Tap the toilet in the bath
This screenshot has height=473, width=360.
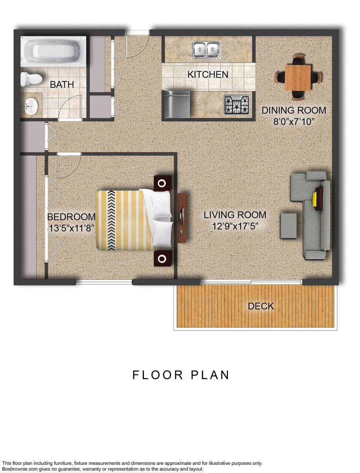tap(31, 80)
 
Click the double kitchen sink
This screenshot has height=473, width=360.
tap(206, 50)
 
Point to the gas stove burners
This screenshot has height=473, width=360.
tap(236, 105)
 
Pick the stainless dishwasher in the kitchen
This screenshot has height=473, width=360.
tap(177, 104)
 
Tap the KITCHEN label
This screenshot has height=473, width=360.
tap(208, 74)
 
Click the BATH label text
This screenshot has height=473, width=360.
tap(62, 85)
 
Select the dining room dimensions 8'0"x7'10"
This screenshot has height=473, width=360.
tap(294, 121)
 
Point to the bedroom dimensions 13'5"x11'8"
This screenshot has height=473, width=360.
tap(71, 228)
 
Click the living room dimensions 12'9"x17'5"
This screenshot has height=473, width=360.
tap(235, 226)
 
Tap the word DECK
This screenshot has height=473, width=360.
tap(261, 306)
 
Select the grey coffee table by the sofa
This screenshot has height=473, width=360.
tap(288, 226)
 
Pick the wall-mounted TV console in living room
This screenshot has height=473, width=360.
tap(182, 218)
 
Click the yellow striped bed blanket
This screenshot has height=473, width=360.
tap(122, 221)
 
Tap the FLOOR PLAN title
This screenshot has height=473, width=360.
tap(181, 375)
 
